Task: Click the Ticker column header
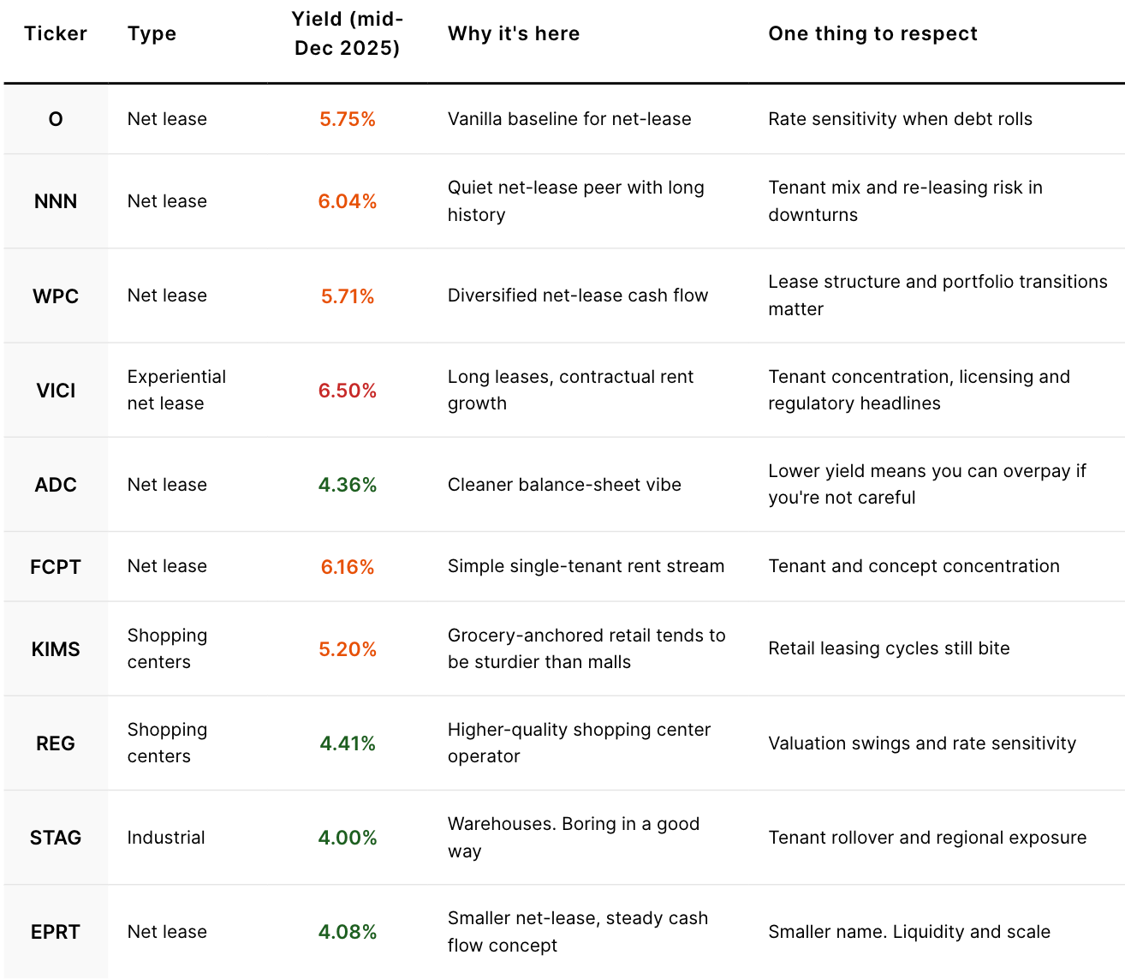(56, 33)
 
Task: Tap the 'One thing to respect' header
(872, 33)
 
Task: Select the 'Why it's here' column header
(513, 33)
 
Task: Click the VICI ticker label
(56, 391)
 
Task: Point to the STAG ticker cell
(56, 838)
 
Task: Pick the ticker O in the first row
(56, 119)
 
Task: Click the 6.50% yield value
(347, 391)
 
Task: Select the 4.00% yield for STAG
(347, 838)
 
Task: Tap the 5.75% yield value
(347, 119)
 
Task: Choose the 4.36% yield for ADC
(347, 485)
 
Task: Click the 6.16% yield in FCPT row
(347, 567)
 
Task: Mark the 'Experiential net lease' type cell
(176, 390)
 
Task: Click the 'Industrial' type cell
(166, 838)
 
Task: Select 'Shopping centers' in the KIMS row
(167, 648)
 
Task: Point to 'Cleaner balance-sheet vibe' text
(564, 485)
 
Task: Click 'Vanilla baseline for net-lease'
(569, 119)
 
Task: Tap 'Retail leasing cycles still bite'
(889, 648)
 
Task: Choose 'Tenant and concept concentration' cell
(914, 566)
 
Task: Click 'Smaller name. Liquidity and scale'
(908, 932)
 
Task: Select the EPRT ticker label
(56, 932)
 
